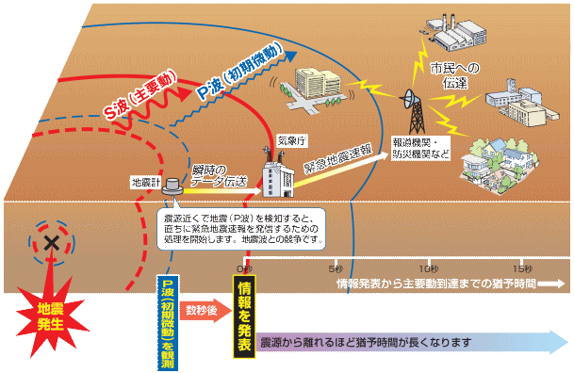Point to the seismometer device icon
click(173, 187)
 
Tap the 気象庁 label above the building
click(290, 140)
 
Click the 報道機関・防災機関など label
click(423, 148)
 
